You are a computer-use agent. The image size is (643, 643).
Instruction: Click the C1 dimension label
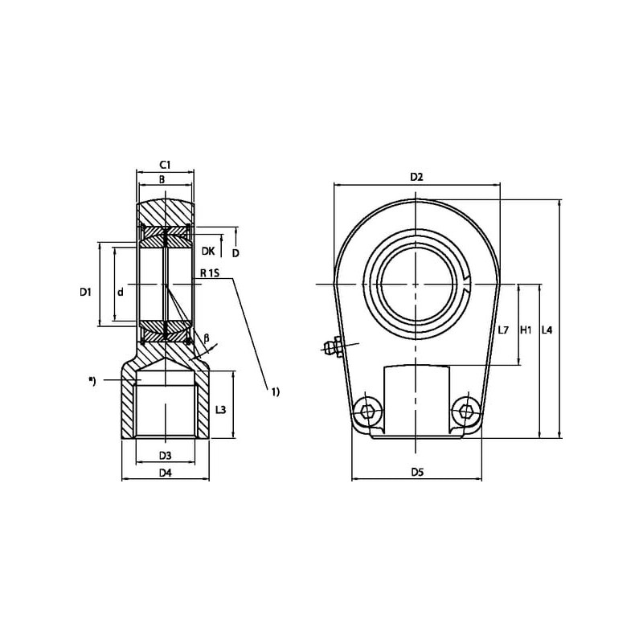point(165,165)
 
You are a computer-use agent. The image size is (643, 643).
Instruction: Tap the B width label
point(162,179)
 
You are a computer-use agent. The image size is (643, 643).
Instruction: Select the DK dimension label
point(208,251)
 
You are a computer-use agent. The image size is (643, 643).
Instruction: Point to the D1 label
point(85,292)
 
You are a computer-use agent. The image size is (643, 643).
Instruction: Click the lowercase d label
point(120,292)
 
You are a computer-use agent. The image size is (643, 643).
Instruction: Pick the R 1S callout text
point(210,272)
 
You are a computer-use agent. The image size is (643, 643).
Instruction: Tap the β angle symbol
point(207,338)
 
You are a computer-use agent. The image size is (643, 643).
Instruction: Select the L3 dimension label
point(220,409)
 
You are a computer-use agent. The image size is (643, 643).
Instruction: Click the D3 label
point(165,455)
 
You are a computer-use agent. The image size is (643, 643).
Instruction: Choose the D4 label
point(166,473)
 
